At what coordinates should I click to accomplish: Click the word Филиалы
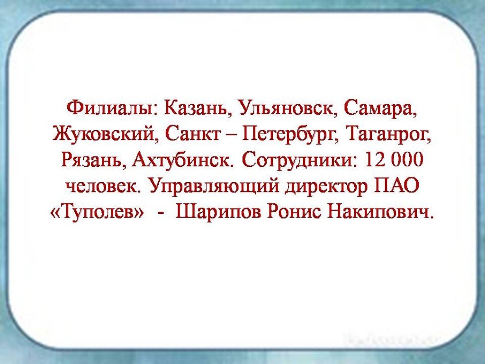pyautogui.click(x=112, y=109)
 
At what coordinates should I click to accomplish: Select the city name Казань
pyautogui.click(x=198, y=109)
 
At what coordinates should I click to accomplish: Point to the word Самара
pyautogui.click(x=380, y=109)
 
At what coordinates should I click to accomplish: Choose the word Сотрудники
pyautogui.click(x=299, y=160)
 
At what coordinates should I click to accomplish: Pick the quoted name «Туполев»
pyautogui.click(x=97, y=213)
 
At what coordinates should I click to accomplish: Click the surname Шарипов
pyautogui.click(x=217, y=213)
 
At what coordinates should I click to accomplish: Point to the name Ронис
pyautogui.click(x=294, y=212)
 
